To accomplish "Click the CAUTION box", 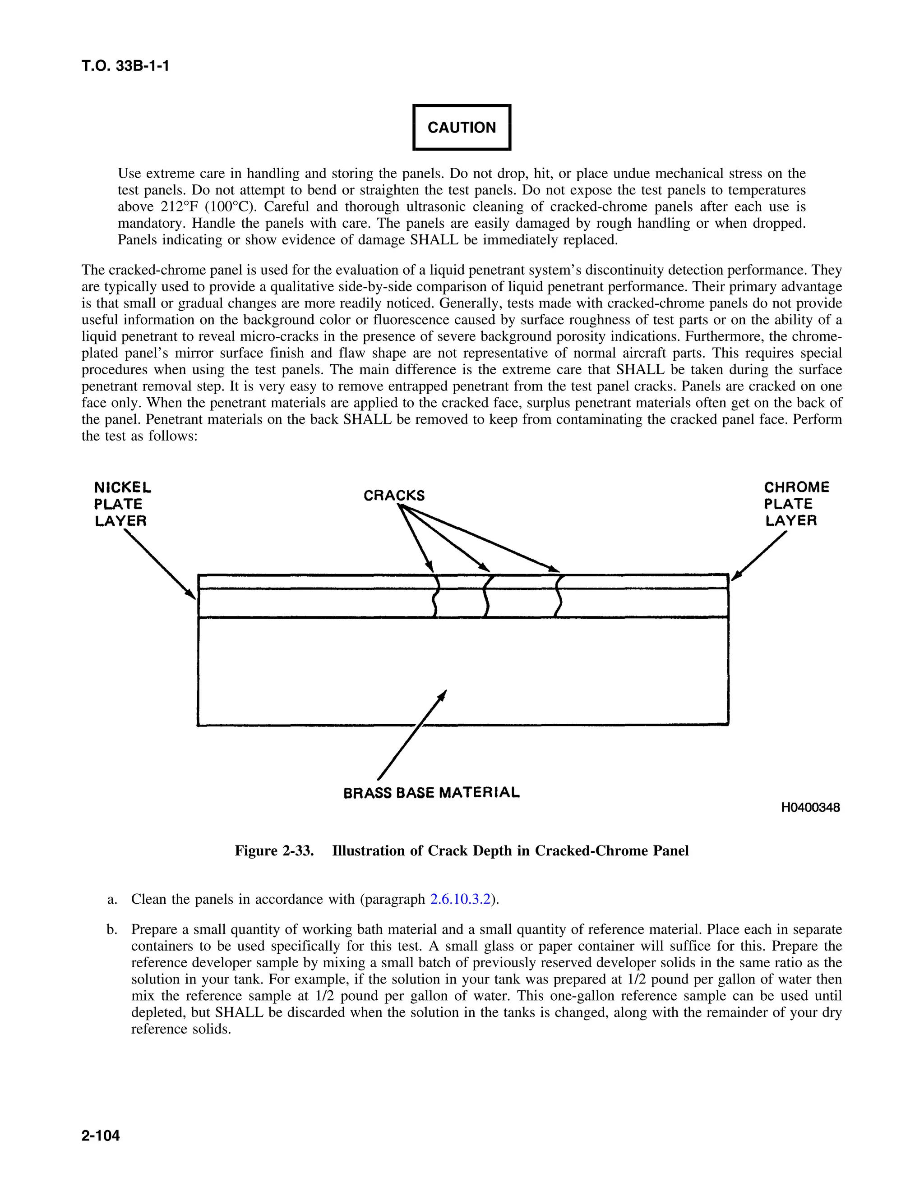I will click(462, 127).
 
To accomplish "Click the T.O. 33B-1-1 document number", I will click(125, 66).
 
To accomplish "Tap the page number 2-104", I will click(101, 1136).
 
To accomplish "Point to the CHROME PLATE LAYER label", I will click(796, 504).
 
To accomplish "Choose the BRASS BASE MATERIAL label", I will click(431, 793).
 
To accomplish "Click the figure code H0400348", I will click(810, 808).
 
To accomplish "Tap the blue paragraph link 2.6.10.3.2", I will click(460, 900).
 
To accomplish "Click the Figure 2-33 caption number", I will click(274, 851).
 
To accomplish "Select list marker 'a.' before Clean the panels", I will click(112, 900).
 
